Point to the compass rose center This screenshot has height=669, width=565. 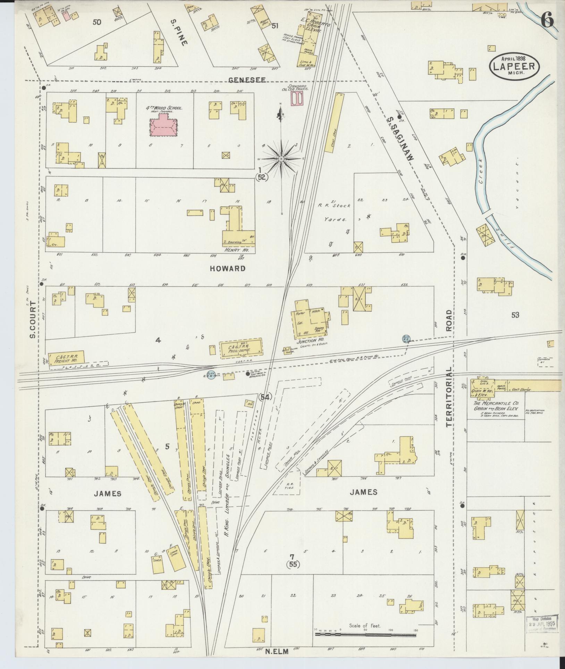281,159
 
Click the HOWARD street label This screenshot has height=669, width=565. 227,268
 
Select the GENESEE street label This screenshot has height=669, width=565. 247,80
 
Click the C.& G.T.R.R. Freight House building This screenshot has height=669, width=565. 66,358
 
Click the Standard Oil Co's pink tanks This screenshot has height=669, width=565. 297,100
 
